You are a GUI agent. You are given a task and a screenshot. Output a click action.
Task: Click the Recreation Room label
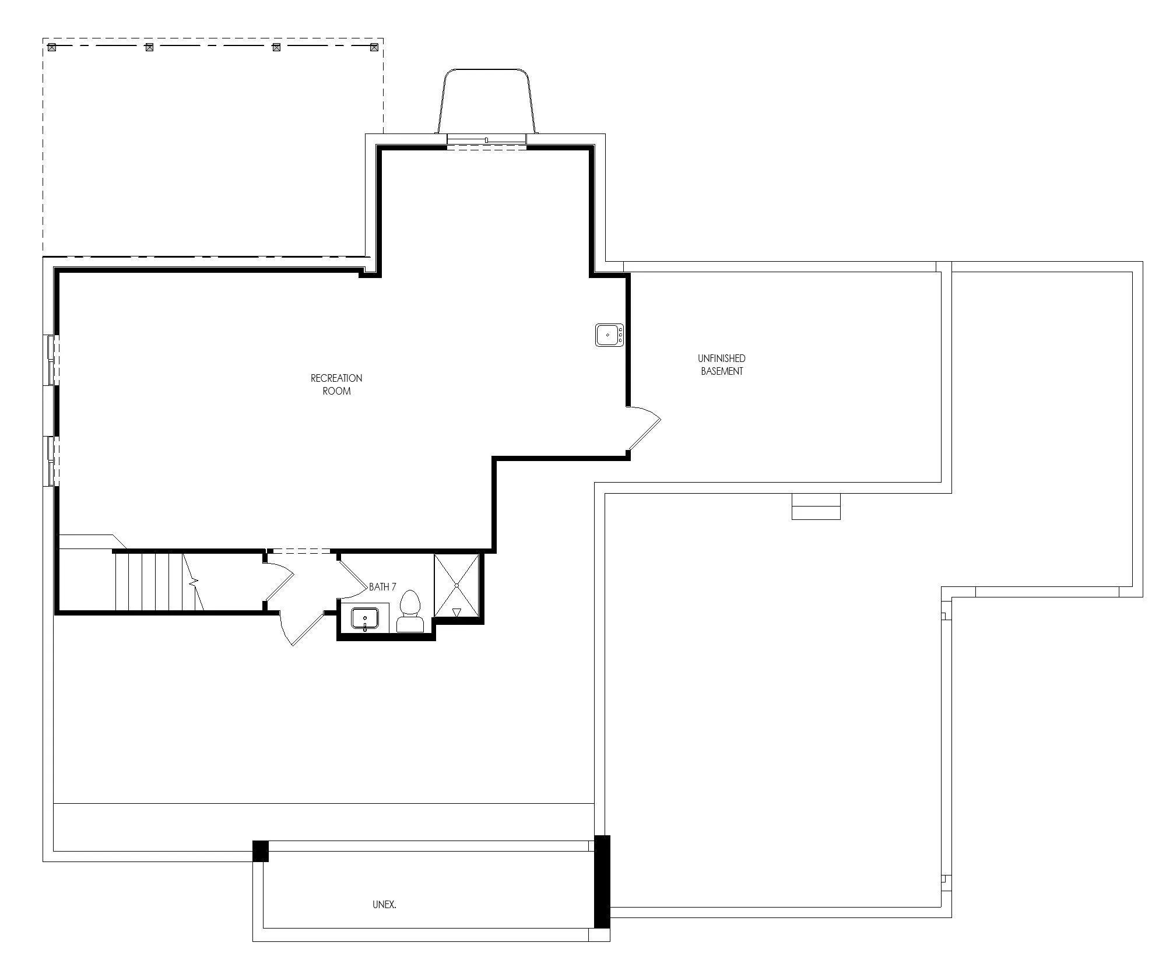point(336,385)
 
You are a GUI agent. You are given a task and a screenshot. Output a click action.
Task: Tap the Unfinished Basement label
point(722,365)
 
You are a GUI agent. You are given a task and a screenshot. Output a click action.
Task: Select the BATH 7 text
point(382,587)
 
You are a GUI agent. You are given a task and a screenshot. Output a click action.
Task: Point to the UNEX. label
point(384,905)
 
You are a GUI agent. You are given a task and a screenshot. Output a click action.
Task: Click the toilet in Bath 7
point(410,611)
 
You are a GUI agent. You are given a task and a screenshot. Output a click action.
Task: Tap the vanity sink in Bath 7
point(365,618)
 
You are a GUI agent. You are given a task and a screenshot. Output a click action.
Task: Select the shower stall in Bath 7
point(456,585)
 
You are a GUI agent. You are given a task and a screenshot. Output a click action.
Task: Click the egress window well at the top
point(486,100)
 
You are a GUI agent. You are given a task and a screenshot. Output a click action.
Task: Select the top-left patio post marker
point(52,47)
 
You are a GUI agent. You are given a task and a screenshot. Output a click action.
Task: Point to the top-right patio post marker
point(374,47)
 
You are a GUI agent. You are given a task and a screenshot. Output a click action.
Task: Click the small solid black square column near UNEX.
point(261,851)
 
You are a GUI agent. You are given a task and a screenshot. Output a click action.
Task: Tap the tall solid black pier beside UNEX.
point(602,881)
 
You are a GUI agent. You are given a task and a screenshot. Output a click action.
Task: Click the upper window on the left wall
point(51,360)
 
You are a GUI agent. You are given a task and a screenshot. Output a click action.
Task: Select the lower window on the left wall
point(51,461)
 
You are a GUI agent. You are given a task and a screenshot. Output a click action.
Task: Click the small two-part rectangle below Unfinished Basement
point(816,507)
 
